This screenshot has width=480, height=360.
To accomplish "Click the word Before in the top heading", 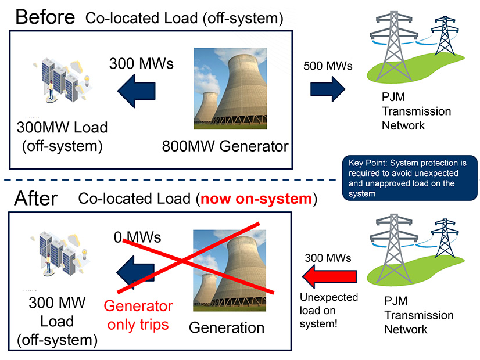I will (45, 16).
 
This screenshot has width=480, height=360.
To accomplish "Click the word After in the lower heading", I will (37, 199).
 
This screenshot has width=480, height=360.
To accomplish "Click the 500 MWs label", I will (328, 66).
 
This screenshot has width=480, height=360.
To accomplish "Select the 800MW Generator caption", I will (226, 145).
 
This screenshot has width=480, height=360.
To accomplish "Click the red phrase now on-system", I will (256, 199).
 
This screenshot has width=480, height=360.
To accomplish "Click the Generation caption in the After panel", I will (227, 327).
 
